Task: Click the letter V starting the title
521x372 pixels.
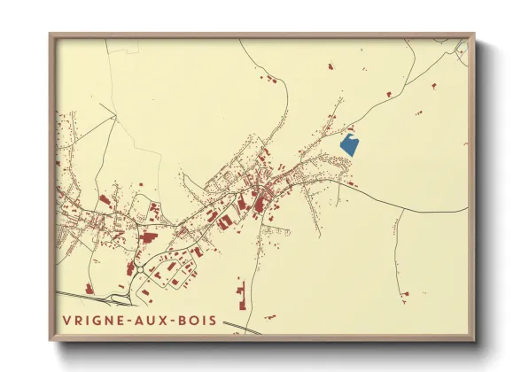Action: pyautogui.click(x=67, y=320)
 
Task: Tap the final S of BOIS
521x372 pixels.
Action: pyautogui.click(x=215, y=320)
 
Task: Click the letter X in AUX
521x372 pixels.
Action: pyautogui.click(x=169, y=320)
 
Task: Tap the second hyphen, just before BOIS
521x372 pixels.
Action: pyautogui.click(x=180, y=321)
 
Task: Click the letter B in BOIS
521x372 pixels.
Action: pyautogui.click(x=189, y=320)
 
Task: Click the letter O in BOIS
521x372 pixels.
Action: pyautogui.click(x=199, y=320)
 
